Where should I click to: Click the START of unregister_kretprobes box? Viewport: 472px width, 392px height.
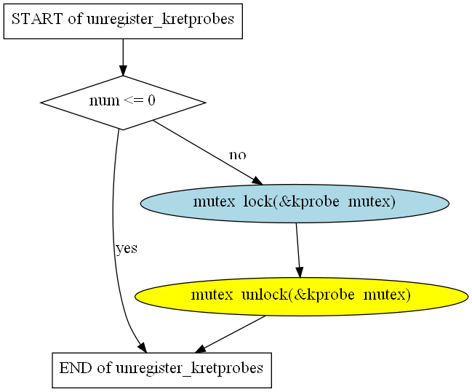123,20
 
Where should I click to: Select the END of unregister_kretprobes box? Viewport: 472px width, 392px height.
161,369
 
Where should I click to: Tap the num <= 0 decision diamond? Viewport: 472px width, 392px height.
123,103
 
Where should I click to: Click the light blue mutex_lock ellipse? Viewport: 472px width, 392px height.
294,203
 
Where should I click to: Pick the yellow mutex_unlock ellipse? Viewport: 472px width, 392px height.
301,295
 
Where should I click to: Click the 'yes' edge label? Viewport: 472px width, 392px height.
127,249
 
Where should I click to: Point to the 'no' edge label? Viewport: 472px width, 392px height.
237,156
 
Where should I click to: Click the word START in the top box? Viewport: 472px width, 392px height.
37,20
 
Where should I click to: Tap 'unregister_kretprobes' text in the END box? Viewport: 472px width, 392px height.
190,369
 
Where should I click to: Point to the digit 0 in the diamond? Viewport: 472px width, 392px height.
151,101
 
